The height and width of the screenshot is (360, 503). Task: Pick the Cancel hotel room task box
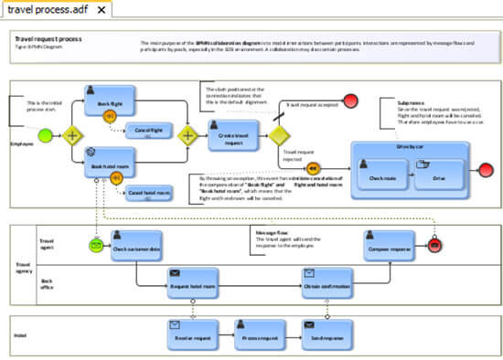(x=147, y=193)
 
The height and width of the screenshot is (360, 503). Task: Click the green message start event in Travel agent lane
(x=96, y=244)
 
